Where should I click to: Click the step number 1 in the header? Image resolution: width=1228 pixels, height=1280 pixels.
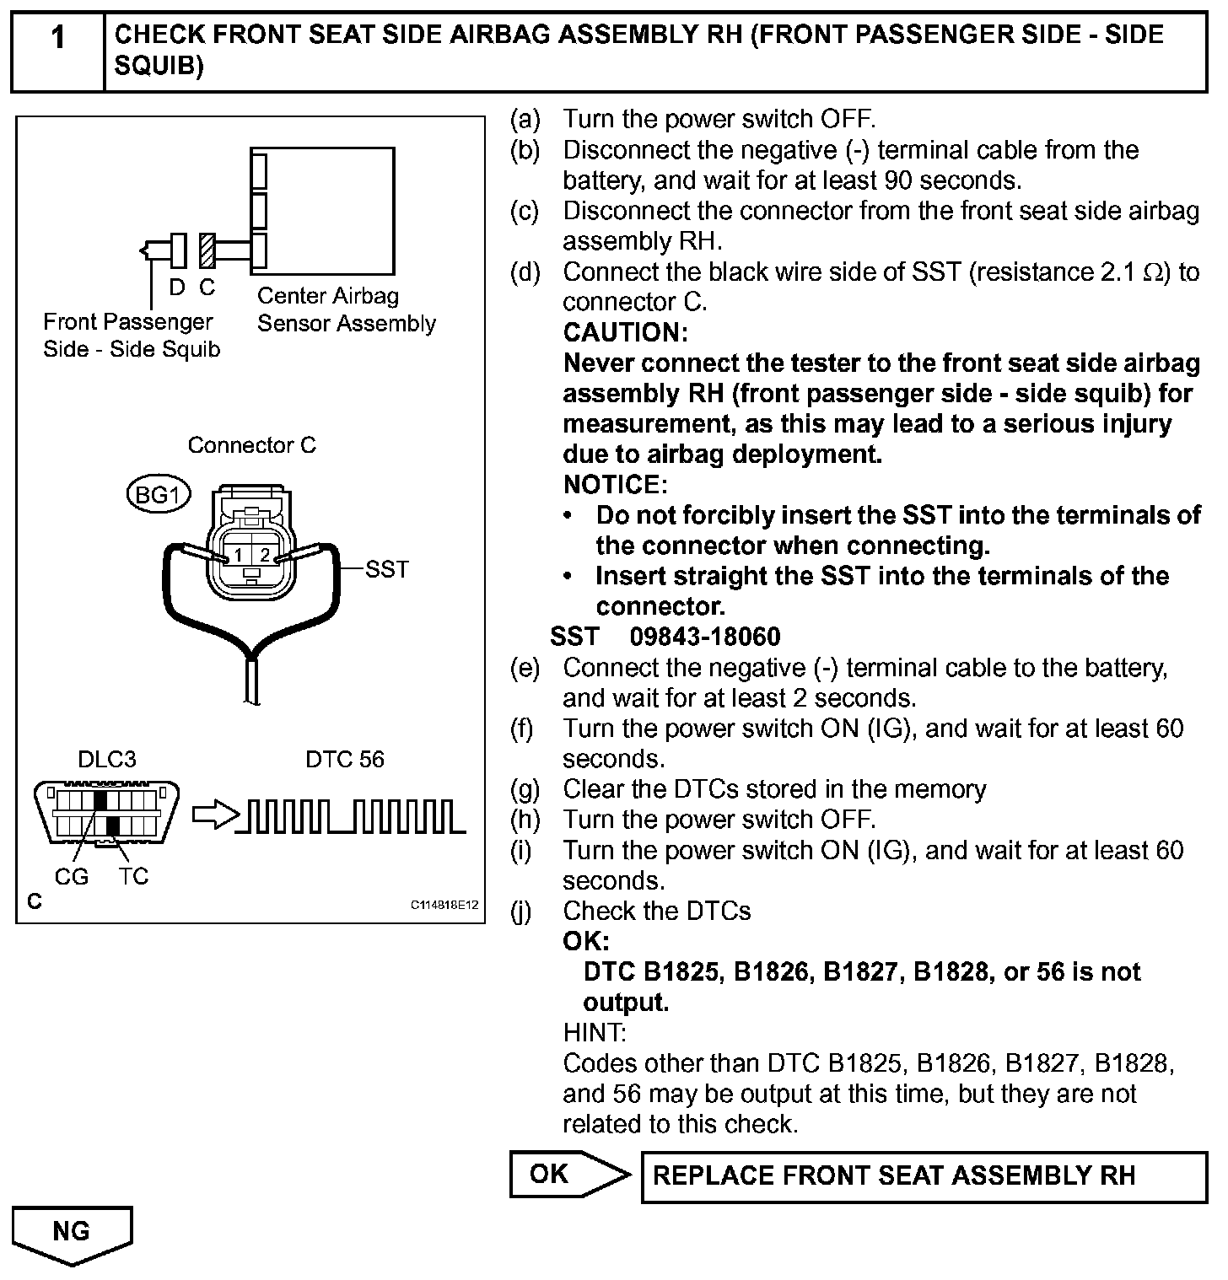pyautogui.click(x=57, y=39)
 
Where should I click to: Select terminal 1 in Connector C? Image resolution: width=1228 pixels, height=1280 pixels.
pyautogui.click(x=239, y=555)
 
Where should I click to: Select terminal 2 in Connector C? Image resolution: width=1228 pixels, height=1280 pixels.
pyautogui.click(x=265, y=555)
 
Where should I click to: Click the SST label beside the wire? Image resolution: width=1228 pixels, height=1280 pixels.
pyautogui.click(x=387, y=569)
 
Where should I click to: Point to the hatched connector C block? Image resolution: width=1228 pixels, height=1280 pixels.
pyautogui.click(x=207, y=250)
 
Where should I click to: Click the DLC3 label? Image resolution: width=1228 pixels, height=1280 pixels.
pyautogui.click(x=106, y=760)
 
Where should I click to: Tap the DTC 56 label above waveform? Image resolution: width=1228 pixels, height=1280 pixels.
pyautogui.click(x=344, y=760)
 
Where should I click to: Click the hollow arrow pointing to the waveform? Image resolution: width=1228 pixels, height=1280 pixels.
pyautogui.click(x=214, y=815)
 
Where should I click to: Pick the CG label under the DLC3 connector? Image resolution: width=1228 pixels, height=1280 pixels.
pyautogui.click(x=71, y=878)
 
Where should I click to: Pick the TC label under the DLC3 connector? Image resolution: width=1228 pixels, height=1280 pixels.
pyautogui.click(x=133, y=878)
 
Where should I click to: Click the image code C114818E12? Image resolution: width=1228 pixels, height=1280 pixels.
pyautogui.click(x=444, y=906)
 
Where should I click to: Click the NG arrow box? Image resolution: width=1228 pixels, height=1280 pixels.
pyautogui.click(x=73, y=1233)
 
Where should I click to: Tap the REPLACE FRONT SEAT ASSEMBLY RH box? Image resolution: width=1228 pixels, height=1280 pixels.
pyautogui.click(x=924, y=1176)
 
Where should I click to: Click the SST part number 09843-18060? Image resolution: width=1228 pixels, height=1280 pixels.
pyautogui.click(x=705, y=637)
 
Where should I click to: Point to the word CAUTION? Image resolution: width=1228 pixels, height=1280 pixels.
pyautogui.click(x=625, y=333)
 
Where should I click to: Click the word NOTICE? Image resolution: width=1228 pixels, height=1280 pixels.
pyautogui.click(x=615, y=485)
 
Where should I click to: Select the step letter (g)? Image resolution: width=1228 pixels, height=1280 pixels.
pyautogui.click(x=525, y=789)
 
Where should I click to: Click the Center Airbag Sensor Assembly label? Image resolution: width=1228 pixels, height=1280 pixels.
pyautogui.click(x=346, y=309)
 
